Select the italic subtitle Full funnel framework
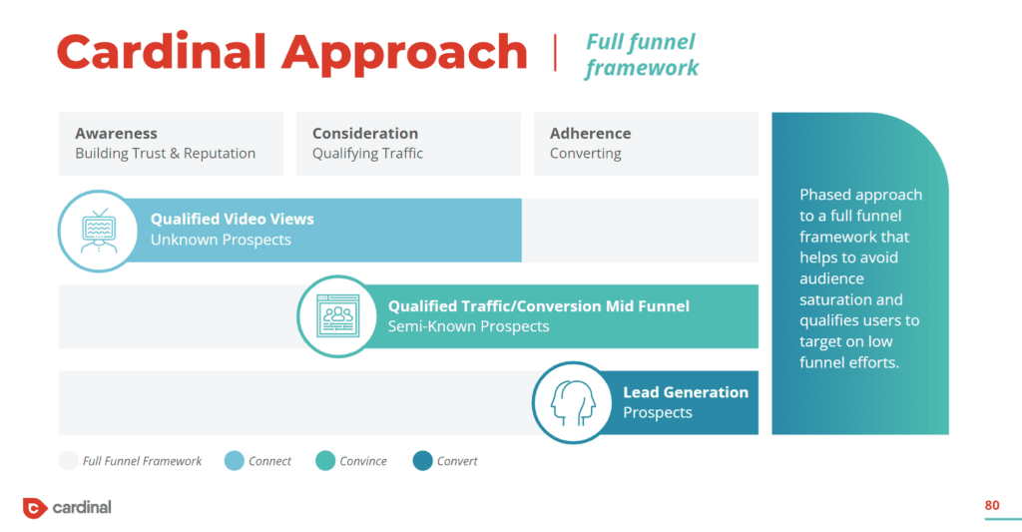642,55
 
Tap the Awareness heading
116,133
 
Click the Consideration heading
365,133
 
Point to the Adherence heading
590,133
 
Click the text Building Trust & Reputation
165,154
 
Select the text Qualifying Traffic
367,154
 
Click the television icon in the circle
98,232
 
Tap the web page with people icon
337,316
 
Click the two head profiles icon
573,402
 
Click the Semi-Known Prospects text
468,326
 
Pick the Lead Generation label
686,392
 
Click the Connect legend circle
234,461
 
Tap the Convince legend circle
325,461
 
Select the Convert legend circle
422,461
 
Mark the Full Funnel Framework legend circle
68,461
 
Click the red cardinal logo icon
35,508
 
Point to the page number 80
991,505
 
